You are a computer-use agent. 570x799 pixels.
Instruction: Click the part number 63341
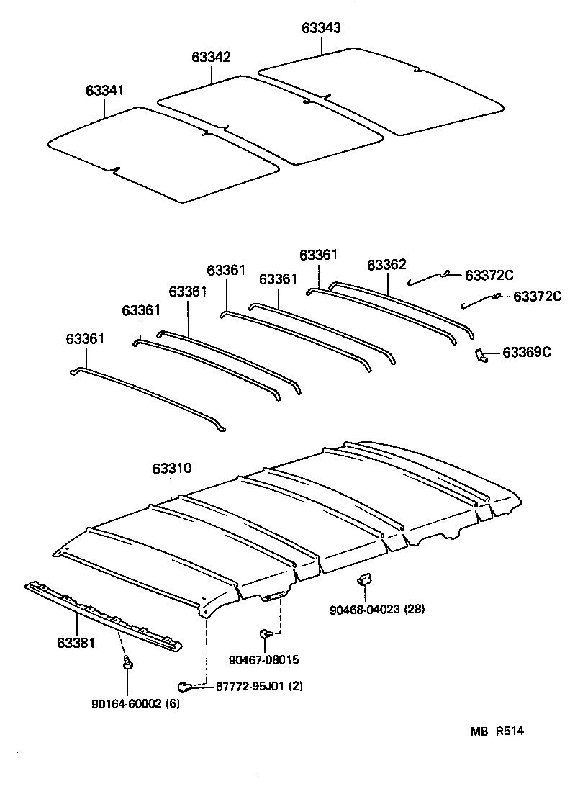(x=104, y=91)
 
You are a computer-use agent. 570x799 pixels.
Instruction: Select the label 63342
(x=211, y=57)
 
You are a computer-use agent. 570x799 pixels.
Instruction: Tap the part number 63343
(x=321, y=28)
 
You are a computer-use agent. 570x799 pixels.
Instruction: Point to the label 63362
(x=386, y=264)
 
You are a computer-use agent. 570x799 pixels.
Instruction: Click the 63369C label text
(x=527, y=352)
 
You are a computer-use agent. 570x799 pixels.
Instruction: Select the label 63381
(x=75, y=642)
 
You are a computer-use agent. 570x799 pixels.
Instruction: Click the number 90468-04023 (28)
(x=378, y=610)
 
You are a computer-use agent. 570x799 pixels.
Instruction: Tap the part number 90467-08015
(x=263, y=659)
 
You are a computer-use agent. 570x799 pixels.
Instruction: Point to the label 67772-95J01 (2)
(x=259, y=686)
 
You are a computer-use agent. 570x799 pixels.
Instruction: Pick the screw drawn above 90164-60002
(x=127, y=662)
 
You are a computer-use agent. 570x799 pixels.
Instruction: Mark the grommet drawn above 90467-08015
(x=264, y=633)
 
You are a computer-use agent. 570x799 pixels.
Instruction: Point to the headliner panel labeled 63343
(x=381, y=90)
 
